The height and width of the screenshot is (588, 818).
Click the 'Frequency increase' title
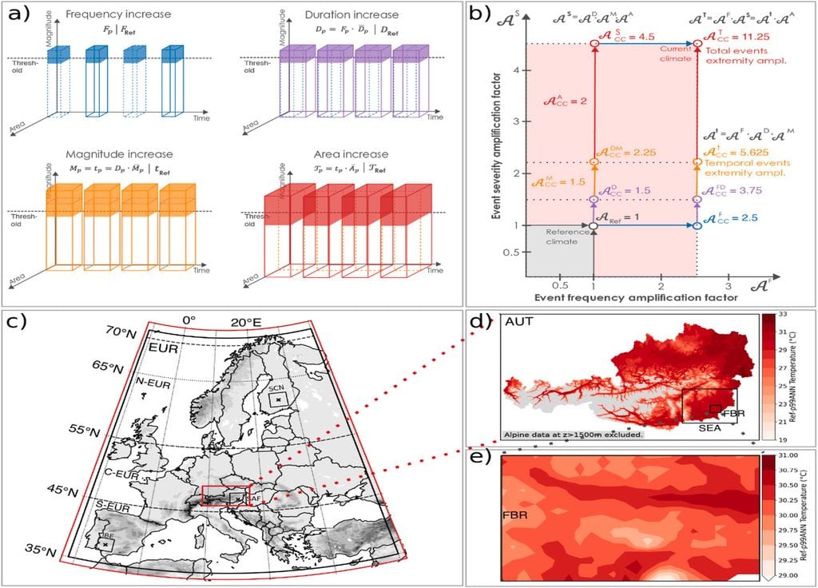pos(119,15)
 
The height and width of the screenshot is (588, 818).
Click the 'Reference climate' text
pos(562,237)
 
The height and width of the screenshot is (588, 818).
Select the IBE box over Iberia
pos(105,542)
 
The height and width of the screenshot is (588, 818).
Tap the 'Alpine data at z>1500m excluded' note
pos(574,435)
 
